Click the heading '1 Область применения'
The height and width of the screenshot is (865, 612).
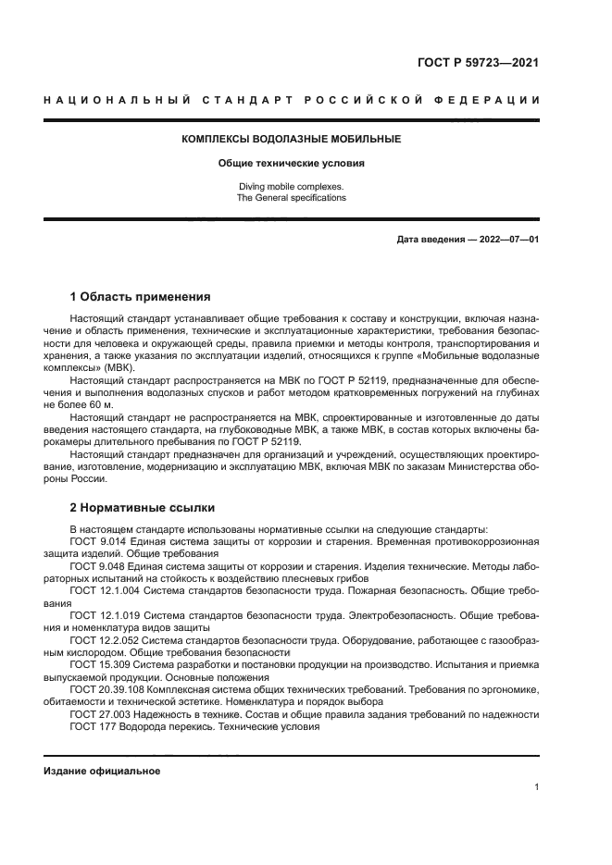tap(140, 297)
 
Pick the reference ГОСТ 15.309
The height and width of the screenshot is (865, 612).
tap(101, 664)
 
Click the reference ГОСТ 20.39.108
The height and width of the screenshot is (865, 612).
tap(106, 689)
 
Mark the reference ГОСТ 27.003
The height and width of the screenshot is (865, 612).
tap(101, 713)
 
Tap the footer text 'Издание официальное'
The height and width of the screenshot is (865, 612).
tap(102, 771)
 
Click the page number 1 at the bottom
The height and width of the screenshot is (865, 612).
tap(536, 787)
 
